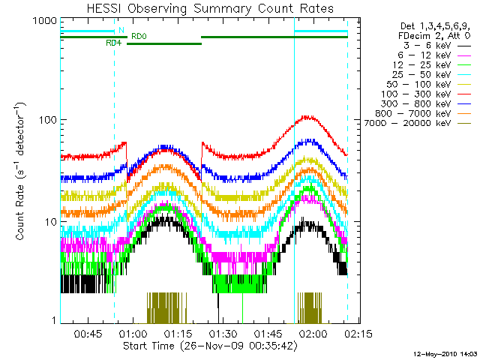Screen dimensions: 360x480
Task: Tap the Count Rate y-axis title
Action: [20, 173]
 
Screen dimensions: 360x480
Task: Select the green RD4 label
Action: [113, 43]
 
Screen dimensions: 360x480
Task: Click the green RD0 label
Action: [139, 35]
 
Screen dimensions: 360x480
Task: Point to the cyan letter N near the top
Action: [121, 30]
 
